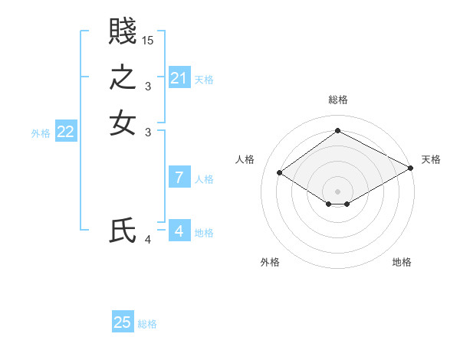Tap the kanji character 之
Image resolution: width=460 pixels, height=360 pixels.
tap(122, 79)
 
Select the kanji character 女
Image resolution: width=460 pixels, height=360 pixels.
tap(122, 123)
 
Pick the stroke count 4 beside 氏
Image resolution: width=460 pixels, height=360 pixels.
tap(148, 240)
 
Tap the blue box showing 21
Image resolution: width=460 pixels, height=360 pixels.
tap(179, 78)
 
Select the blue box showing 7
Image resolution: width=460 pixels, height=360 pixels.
tap(179, 178)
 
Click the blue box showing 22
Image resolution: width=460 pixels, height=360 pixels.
tap(65, 132)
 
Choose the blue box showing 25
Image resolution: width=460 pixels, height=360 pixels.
tap(123, 322)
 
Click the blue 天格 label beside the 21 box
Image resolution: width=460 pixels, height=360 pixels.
tap(204, 80)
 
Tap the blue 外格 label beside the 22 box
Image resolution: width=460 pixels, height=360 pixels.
tap(41, 133)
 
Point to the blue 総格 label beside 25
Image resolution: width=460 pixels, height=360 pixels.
tap(147, 324)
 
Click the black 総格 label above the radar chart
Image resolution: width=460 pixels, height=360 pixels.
tap(337, 100)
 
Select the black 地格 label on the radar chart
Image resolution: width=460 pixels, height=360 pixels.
tap(402, 263)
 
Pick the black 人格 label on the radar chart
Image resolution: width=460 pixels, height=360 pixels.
tap(245, 159)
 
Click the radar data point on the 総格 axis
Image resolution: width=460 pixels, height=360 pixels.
tap(337, 130)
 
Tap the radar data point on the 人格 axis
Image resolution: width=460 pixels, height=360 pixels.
tap(280, 173)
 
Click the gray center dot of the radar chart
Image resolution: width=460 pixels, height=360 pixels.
tap(337, 191)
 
